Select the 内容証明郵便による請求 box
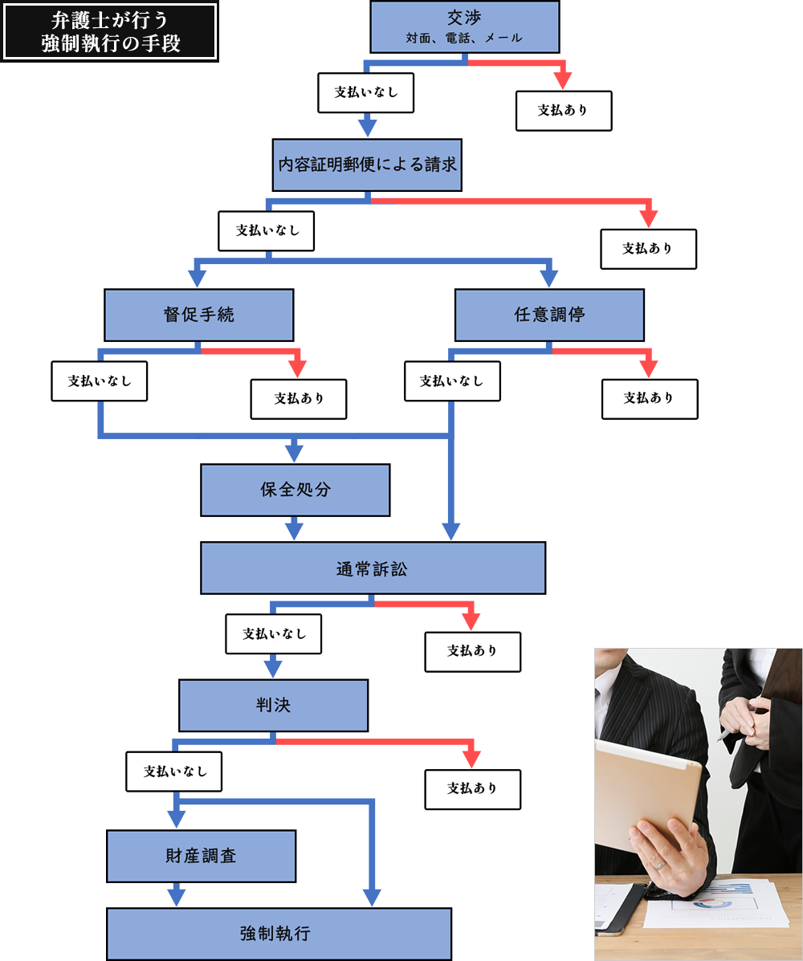point(367,165)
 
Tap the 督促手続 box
point(198,315)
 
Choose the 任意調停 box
point(549,315)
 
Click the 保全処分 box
point(295,490)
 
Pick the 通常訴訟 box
point(373,568)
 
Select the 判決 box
point(273,705)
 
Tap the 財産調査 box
point(202,856)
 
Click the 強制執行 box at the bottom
point(279,934)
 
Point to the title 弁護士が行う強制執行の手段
point(110,32)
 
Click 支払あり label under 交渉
point(563,111)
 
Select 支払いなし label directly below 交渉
point(366,92)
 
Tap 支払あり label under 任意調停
point(649,398)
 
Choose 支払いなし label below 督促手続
point(100,381)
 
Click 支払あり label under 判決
point(472,788)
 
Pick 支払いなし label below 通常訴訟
point(274,633)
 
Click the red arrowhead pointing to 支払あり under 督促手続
point(298,369)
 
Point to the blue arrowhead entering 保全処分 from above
point(295,453)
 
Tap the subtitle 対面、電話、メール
point(463,38)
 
